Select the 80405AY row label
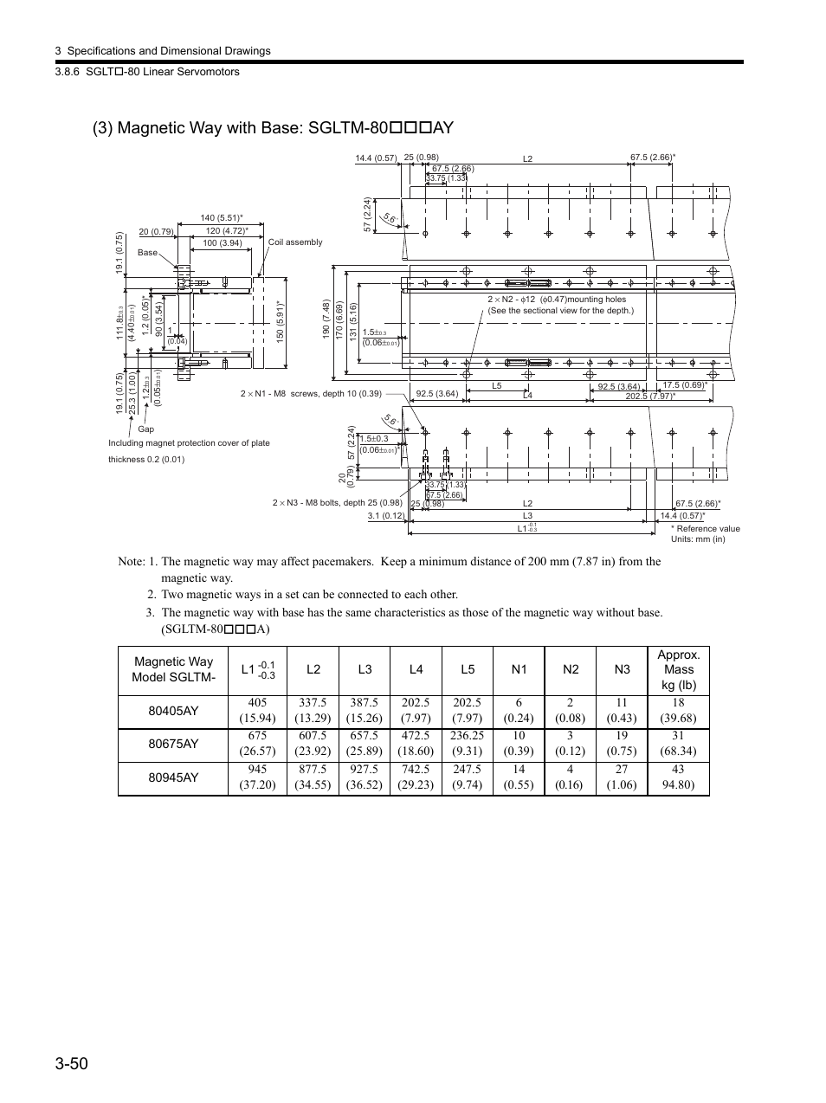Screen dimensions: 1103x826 [x=173, y=711]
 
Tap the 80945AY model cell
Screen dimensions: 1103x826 [x=173, y=777]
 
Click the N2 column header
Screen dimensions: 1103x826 [x=570, y=669]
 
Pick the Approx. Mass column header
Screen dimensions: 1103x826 [x=678, y=669]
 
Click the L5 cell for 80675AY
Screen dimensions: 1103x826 [x=467, y=744]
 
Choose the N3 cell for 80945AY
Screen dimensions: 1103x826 [x=621, y=777]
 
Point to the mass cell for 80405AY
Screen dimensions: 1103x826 [x=678, y=711]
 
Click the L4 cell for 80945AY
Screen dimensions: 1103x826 [x=416, y=777]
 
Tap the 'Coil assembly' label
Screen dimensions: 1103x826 [x=295, y=242]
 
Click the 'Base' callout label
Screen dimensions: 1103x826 [x=148, y=253]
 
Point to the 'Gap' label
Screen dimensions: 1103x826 [x=145, y=429]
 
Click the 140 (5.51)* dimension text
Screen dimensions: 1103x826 [x=222, y=218]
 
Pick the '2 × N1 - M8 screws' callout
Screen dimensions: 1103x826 [x=311, y=394]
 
